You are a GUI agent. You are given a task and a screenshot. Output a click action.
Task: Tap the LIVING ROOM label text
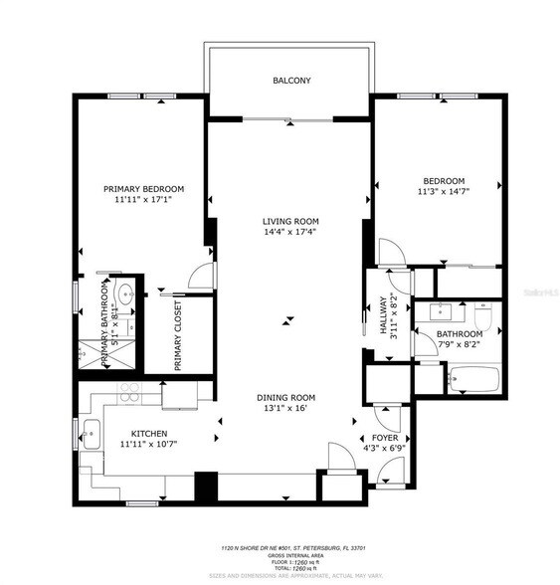click(290, 221)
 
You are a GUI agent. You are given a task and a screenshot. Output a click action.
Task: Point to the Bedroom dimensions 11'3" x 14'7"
click(440, 193)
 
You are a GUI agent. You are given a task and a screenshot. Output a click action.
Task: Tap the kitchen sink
click(92, 433)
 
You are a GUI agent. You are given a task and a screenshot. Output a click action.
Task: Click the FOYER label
click(386, 437)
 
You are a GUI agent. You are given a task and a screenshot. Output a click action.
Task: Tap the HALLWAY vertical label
click(379, 319)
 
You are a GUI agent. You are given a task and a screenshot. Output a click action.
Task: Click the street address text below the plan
click(281, 548)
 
